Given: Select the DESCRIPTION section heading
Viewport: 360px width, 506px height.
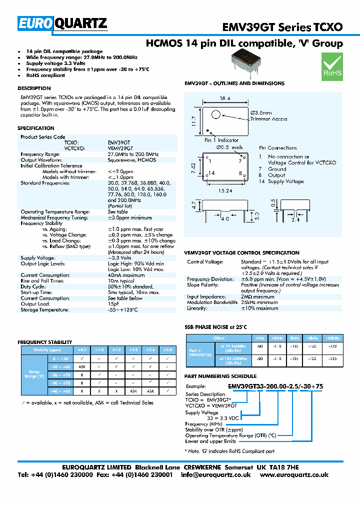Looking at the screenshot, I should click(34, 88).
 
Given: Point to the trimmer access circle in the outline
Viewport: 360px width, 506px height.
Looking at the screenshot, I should click(215, 114).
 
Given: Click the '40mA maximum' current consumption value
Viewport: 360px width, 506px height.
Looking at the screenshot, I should click(126, 275).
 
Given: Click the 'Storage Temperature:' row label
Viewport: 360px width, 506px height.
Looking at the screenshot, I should click(43, 310).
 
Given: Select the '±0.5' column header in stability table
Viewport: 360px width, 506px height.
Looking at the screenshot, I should click(81, 349).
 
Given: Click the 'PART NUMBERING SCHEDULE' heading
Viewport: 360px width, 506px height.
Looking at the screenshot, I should click(220, 376).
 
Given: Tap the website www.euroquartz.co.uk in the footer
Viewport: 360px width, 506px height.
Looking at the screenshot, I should click(294, 474).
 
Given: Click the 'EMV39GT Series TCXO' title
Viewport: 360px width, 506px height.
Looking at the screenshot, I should click(282, 26).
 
